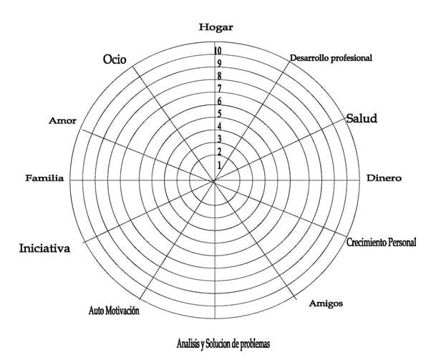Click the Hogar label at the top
pos(216,28)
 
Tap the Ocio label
pos(115,59)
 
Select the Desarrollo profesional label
pos(331,58)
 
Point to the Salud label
pos(362,118)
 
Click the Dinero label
pos(384,178)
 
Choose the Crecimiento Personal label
pos(381,242)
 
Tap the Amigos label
pos(326,303)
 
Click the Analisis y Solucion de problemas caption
pos(223,344)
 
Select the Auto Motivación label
pos(114,311)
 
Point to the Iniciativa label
pos(44,248)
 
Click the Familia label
pos(44,178)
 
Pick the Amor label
pos(62,121)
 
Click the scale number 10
pos(218,51)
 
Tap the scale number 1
pos(219,165)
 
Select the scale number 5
pos(219,114)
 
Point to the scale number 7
pos(219,89)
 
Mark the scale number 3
pos(219,139)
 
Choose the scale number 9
pos(219,64)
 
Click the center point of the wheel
pos(214,181)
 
